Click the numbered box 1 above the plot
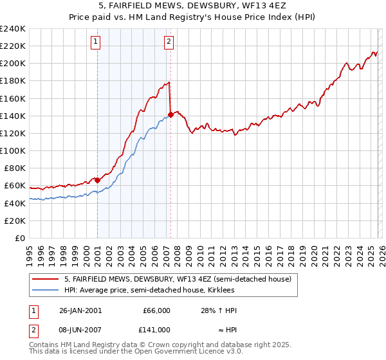click(x=95, y=42)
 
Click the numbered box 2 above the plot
click(x=169, y=42)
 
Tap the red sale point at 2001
click(x=97, y=180)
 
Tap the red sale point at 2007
click(x=170, y=115)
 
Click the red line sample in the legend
click(x=45, y=279)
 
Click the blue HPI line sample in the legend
click(x=45, y=290)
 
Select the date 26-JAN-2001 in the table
click(x=78, y=310)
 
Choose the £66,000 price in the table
click(x=156, y=310)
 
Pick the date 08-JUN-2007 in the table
click(x=78, y=329)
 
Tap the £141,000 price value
click(x=156, y=329)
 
